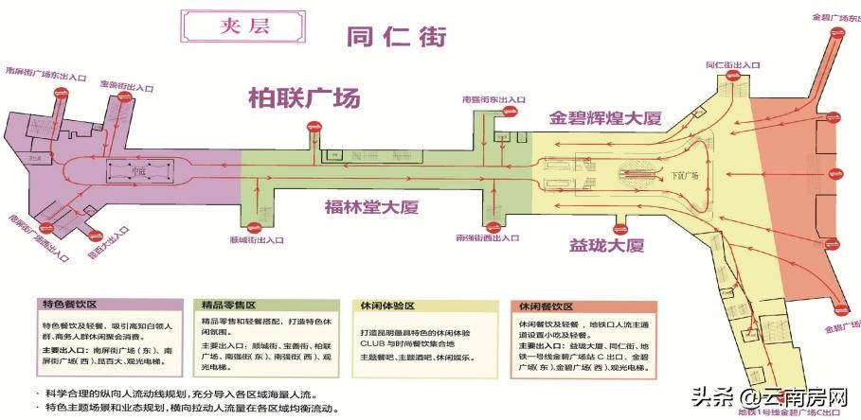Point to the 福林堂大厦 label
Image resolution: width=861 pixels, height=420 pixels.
(371, 207)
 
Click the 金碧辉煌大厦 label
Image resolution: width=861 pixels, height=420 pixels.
(605, 118)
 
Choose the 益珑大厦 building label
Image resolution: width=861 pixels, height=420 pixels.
(606, 246)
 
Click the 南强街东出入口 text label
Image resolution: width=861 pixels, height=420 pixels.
(493, 98)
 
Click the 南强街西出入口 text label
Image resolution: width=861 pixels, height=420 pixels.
(490, 237)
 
